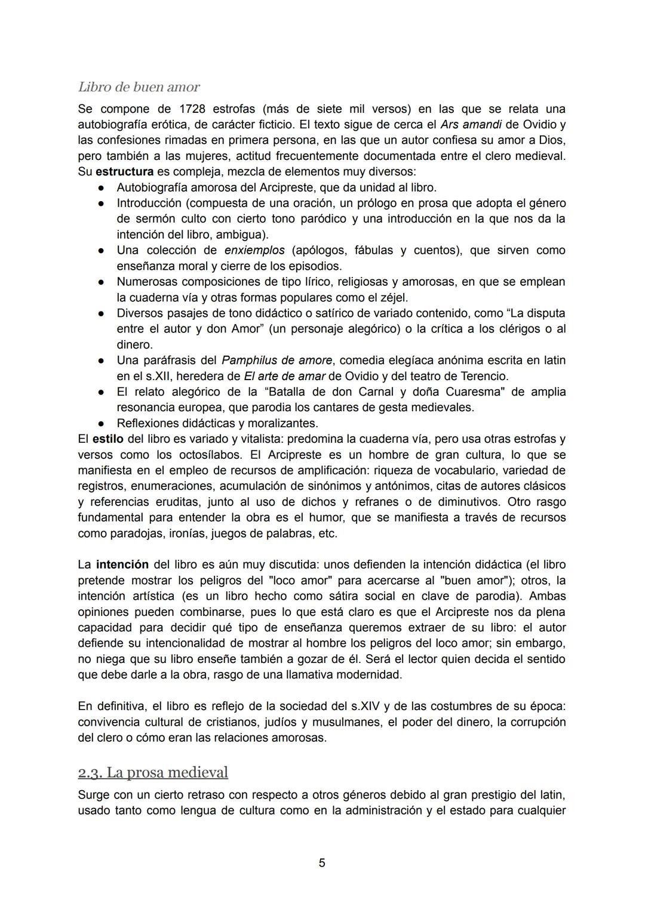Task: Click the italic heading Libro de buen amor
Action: click(139, 87)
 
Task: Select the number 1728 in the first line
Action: click(193, 109)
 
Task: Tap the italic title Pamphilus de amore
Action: click(277, 360)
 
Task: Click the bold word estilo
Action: click(108, 439)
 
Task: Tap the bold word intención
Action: click(122, 564)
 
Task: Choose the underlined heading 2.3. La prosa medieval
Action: click(153, 772)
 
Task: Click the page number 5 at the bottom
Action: click(322, 863)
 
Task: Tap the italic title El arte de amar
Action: click(284, 377)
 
